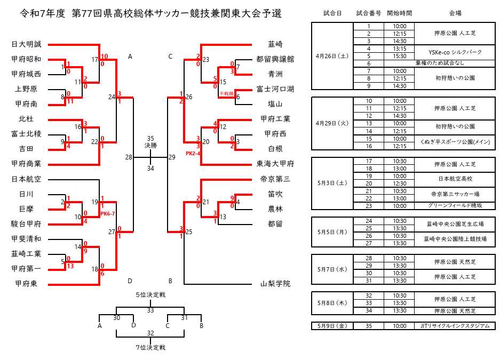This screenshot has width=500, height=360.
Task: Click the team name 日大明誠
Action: pyautogui.click(x=26, y=44)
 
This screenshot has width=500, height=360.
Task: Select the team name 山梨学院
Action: pyautogui.click(x=275, y=284)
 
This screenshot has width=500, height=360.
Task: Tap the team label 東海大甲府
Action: pyautogui.click(x=275, y=164)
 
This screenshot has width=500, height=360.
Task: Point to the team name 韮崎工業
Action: pyautogui.click(x=26, y=254)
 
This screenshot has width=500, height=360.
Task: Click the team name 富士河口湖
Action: pyautogui.click(x=275, y=89)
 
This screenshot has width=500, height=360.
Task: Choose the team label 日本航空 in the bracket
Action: pyautogui.click(x=26, y=179)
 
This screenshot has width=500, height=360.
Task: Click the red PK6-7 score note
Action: pyautogui.click(x=107, y=213)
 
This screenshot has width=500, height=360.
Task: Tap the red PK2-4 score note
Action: pyautogui.click(x=193, y=153)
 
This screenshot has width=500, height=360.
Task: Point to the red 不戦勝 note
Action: pyautogui.click(x=226, y=93)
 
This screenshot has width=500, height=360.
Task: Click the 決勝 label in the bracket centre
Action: pyautogui.click(x=150, y=145)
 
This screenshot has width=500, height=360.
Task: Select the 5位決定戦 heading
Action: pyautogui.click(x=150, y=294)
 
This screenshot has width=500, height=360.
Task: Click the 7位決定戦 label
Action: pyautogui.click(x=150, y=348)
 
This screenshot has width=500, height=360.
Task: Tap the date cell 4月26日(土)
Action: pyautogui.click(x=332, y=55)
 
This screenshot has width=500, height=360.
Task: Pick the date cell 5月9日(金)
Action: pyautogui.click(x=332, y=326)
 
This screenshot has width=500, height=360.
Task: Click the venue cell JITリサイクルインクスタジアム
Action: pyautogui.click(x=455, y=326)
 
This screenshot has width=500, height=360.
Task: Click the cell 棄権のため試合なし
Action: pyautogui.click(x=455, y=63)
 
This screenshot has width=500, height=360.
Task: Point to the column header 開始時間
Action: pyautogui.click(x=399, y=13)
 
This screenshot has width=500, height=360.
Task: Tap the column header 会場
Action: pyautogui.click(x=455, y=13)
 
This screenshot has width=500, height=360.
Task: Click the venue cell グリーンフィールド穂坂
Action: pyautogui.click(x=455, y=205)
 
